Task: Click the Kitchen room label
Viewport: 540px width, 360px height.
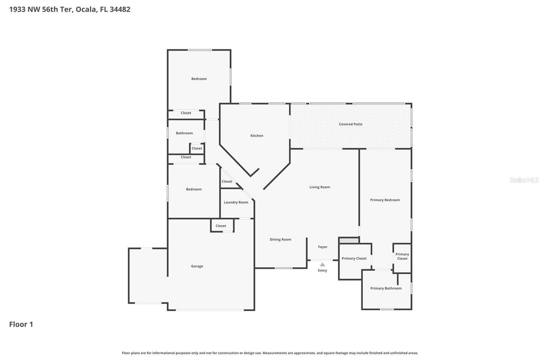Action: coord(256,135)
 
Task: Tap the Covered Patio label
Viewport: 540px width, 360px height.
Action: coord(351,124)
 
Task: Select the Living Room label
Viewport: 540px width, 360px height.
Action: coord(319,187)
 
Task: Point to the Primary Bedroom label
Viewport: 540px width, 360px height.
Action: coord(385,200)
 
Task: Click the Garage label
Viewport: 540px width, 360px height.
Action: coord(197,266)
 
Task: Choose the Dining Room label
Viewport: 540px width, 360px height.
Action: coord(281,239)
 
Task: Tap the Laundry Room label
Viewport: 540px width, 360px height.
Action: coord(236,202)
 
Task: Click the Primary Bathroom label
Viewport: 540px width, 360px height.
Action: coord(386,288)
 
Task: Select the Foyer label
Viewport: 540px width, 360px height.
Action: coord(322,247)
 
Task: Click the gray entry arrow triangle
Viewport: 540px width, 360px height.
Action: coord(322,265)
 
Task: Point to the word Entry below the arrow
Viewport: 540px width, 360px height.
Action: coord(322,271)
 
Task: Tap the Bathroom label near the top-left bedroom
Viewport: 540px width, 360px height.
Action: coord(184,133)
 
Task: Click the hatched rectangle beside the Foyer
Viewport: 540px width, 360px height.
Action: coord(349,240)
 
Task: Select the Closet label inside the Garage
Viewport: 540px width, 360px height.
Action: coord(221,226)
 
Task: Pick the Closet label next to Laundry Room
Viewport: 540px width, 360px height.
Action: coord(227,181)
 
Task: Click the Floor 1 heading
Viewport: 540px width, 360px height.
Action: coord(21,324)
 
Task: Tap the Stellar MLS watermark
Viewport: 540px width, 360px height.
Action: coord(524,180)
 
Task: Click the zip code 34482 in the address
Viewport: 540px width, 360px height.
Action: coord(120,9)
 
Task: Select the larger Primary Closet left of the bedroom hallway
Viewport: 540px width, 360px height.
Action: coord(354,258)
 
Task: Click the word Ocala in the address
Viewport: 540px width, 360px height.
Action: coord(86,9)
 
